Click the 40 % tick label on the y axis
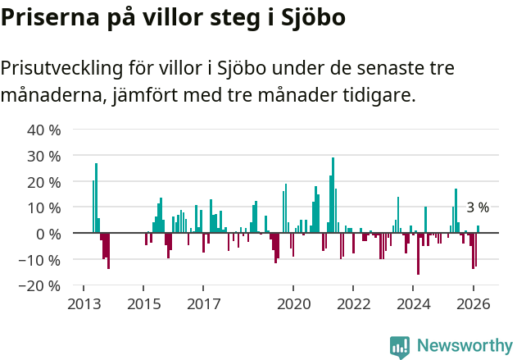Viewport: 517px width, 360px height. coord(43,130)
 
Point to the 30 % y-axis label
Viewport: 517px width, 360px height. coord(43,156)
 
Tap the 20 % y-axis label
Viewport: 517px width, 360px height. coord(43,181)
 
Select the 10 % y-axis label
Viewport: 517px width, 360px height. coord(43,207)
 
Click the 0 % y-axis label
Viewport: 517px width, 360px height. coord(48,234)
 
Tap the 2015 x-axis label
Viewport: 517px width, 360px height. coord(143,304)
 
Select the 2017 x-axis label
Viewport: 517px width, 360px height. coord(203,304)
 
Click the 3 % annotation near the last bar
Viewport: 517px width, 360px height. coord(478,207)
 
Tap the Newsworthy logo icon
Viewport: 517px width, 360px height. coord(400,347)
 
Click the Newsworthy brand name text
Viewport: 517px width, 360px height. coord(465,346)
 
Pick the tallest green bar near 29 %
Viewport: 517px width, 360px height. coord(333,195)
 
